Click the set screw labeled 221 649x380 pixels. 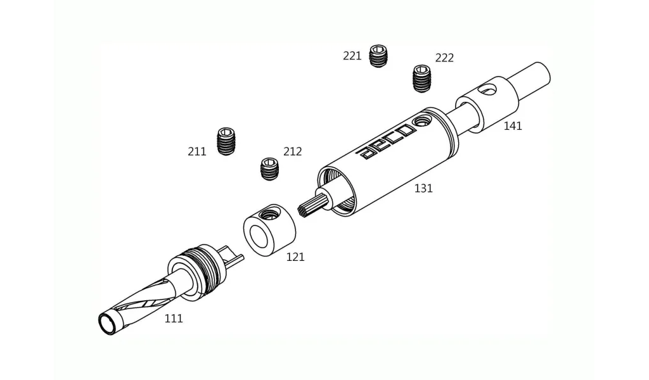pos(379,56)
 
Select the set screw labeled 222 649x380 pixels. pos(422,79)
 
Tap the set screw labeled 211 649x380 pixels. pos(226,141)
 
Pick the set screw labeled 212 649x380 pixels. pos(270,169)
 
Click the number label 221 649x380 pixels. pos(352,56)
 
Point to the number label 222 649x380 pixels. pos(444,58)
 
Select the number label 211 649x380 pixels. pos(197,152)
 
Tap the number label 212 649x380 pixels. pos(293,151)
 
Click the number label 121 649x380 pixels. pos(295,257)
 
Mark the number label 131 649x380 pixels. pos(423,189)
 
